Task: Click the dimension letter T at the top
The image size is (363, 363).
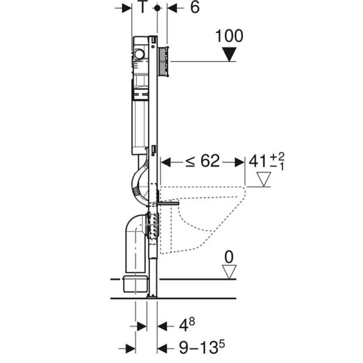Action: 143,7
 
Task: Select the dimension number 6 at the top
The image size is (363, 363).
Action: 195,7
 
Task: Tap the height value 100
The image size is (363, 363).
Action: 229,36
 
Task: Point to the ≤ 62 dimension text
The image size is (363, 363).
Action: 203,161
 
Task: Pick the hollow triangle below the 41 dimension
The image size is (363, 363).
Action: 263,179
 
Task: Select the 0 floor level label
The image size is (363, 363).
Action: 229,257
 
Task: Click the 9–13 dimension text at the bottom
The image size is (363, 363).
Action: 199,347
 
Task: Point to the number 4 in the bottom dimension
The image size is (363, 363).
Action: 184,326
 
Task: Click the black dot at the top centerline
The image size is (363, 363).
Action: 157,8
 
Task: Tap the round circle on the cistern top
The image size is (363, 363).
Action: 139,54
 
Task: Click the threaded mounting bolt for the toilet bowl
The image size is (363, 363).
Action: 168,204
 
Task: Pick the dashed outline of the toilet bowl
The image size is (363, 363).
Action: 203,220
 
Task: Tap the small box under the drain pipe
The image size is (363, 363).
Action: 135,283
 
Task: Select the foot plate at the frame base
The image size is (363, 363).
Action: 152,296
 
